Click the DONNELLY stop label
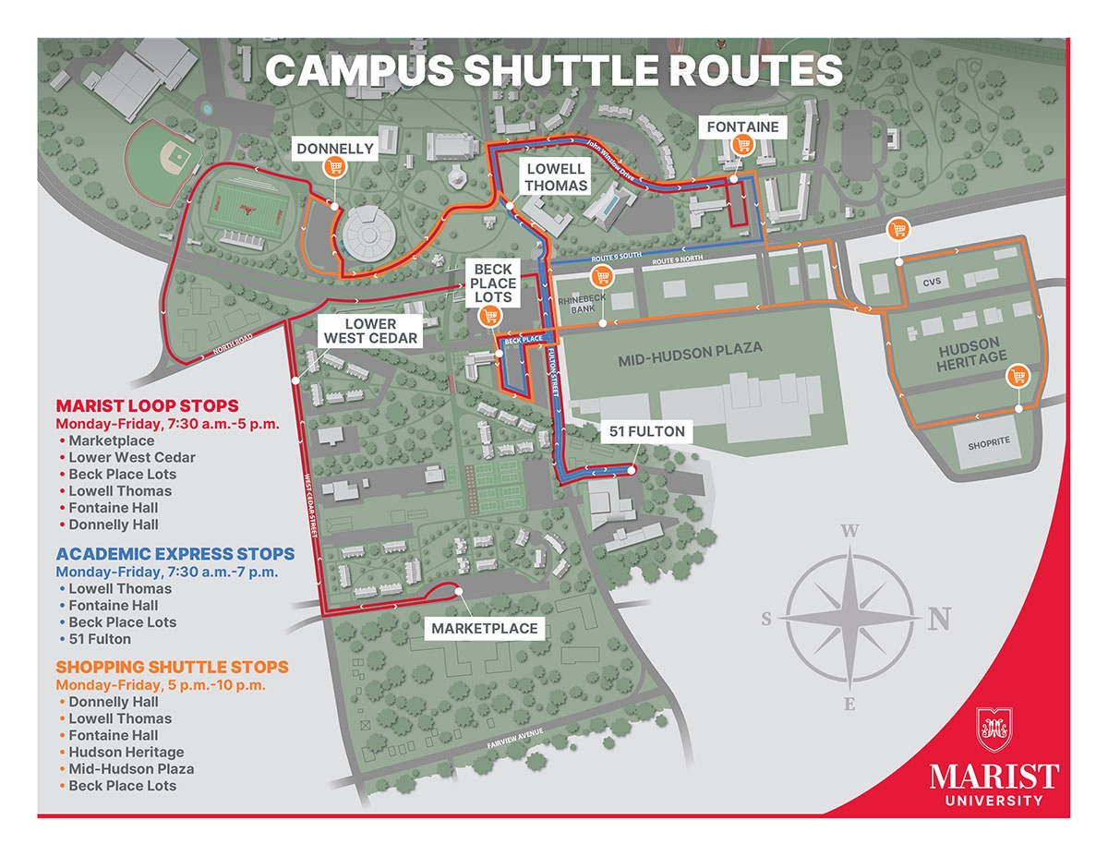(335, 148)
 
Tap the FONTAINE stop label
(743, 127)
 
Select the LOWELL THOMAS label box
(556, 176)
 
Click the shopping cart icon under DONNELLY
(335, 167)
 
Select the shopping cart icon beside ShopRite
(1018, 376)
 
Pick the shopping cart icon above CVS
(897, 230)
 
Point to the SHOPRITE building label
(989, 442)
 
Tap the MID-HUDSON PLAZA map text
(690, 348)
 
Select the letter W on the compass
(849, 531)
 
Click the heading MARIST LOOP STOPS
(147, 405)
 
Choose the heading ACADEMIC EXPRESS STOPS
(175, 554)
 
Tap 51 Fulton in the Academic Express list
(100, 639)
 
